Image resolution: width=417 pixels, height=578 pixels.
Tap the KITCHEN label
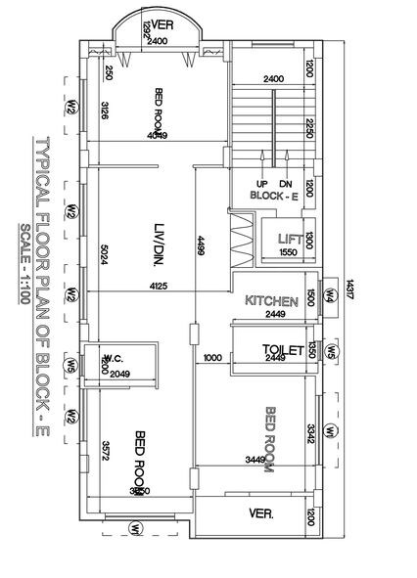click(x=270, y=300)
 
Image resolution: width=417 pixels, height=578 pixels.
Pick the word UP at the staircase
click(x=262, y=184)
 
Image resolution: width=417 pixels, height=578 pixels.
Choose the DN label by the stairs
click(x=285, y=184)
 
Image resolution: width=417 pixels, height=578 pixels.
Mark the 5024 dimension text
click(x=103, y=257)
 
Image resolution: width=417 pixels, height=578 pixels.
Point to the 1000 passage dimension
click(x=213, y=359)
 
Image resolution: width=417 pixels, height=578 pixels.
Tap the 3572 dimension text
click(x=103, y=457)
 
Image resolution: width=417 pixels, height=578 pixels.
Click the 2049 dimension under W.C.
click(x=119, y=373)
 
